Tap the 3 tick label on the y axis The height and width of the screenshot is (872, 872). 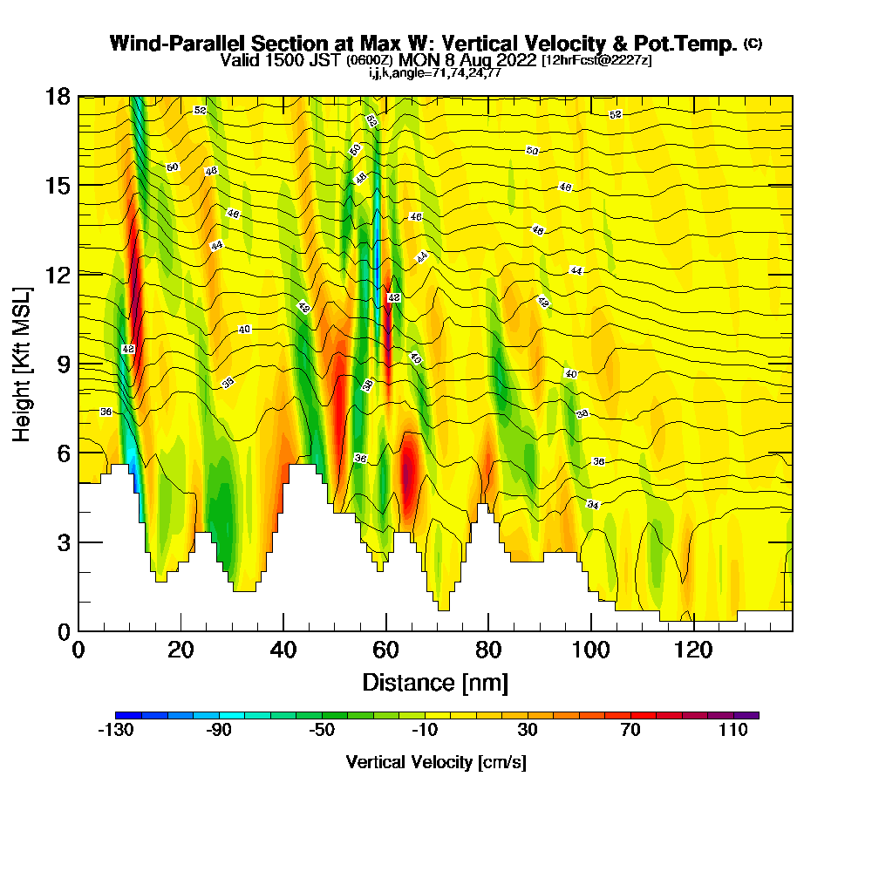63,542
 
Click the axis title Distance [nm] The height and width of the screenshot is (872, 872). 435,681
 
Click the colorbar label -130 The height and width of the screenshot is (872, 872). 115,731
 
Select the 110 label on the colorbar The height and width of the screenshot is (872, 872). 733,731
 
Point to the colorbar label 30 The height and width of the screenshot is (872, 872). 528,731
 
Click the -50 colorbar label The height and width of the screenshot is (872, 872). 322,731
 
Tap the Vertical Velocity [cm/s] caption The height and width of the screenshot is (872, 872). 435,762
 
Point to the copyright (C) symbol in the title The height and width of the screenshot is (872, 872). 753,43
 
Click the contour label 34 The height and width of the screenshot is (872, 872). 593,505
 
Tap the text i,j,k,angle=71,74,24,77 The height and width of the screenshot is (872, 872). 435,73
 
